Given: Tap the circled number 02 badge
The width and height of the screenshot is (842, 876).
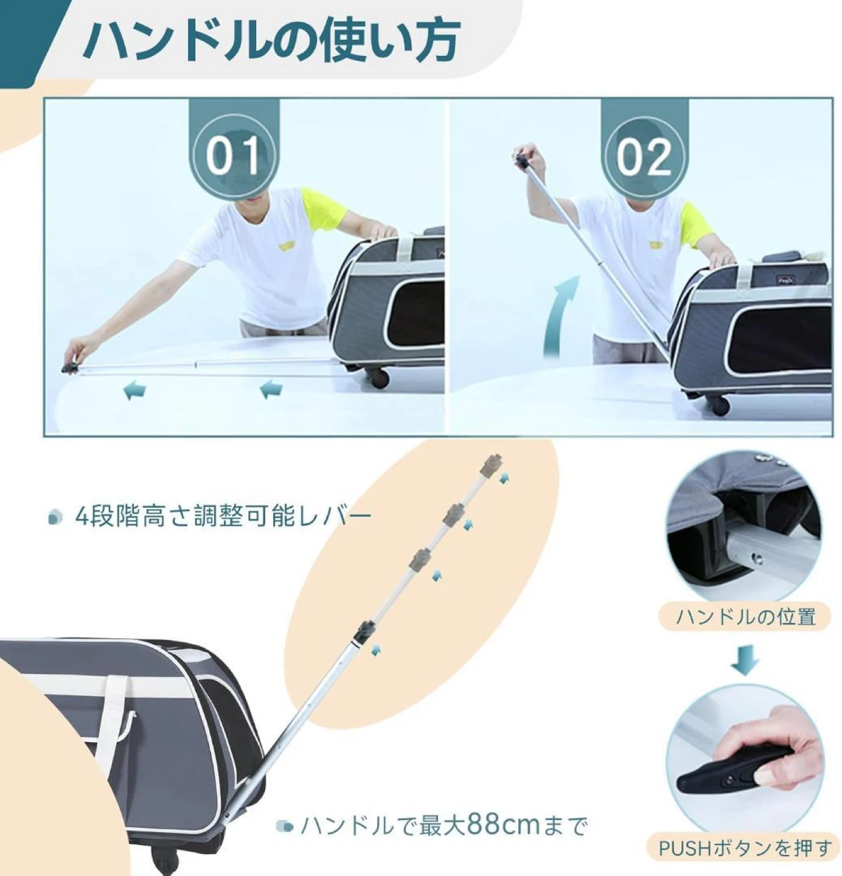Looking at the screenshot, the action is tap(644, 158).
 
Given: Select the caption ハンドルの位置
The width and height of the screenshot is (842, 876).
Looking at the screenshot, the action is tap(745, 616).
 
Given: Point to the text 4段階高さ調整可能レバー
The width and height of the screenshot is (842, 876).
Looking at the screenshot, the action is tap(223, 516).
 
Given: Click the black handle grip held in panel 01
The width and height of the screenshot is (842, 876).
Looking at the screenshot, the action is tap(70, 366).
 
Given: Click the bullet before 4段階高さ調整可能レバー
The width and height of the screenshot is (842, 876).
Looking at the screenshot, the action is tap(55, 517).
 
